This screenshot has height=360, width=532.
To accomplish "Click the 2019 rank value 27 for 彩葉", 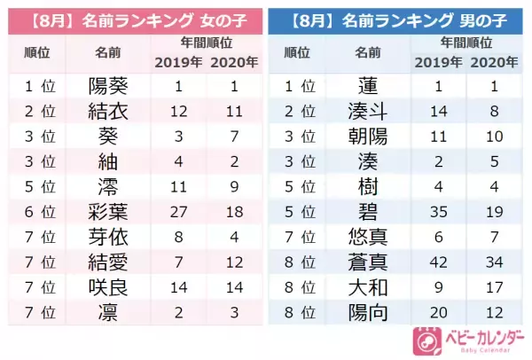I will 178,212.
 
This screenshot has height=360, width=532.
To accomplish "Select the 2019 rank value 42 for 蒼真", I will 437,262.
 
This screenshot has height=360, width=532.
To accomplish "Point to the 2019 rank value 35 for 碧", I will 437,212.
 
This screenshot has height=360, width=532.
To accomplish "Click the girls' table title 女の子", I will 216,19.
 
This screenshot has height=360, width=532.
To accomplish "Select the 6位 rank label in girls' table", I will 37,212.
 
